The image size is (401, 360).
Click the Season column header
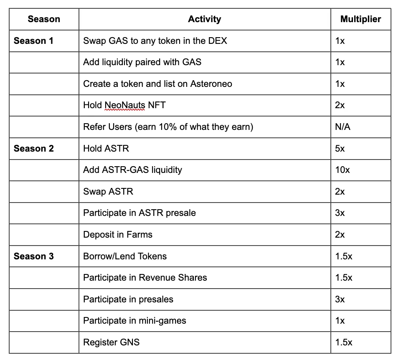click(44, 19)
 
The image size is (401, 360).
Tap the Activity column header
click(204, 19)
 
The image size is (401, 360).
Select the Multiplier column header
click(360, 19)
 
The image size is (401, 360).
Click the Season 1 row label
click(33, 41)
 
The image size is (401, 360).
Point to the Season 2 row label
click(33, 149)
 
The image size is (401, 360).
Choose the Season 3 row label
click(33, 256)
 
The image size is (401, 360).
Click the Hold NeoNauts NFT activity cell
click(124, 105)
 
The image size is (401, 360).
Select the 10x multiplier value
click(343, 170)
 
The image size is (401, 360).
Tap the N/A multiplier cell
click(343, 127)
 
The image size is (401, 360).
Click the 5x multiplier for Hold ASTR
click(340, 149)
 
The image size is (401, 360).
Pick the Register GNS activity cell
click(111, 342)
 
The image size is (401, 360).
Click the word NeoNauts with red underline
click(124, 105)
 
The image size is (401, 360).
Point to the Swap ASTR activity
click(108, 192)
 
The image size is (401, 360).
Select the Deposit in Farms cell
click(118, 235)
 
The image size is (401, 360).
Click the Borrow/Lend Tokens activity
click(125, 256)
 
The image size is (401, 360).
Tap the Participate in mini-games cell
click(135, 321)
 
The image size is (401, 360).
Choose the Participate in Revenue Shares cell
click(145, 278)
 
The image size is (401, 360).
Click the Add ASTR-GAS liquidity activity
click(132, 170)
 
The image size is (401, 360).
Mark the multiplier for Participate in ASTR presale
click(340, 213)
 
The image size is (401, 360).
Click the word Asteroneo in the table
click(211, 84)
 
